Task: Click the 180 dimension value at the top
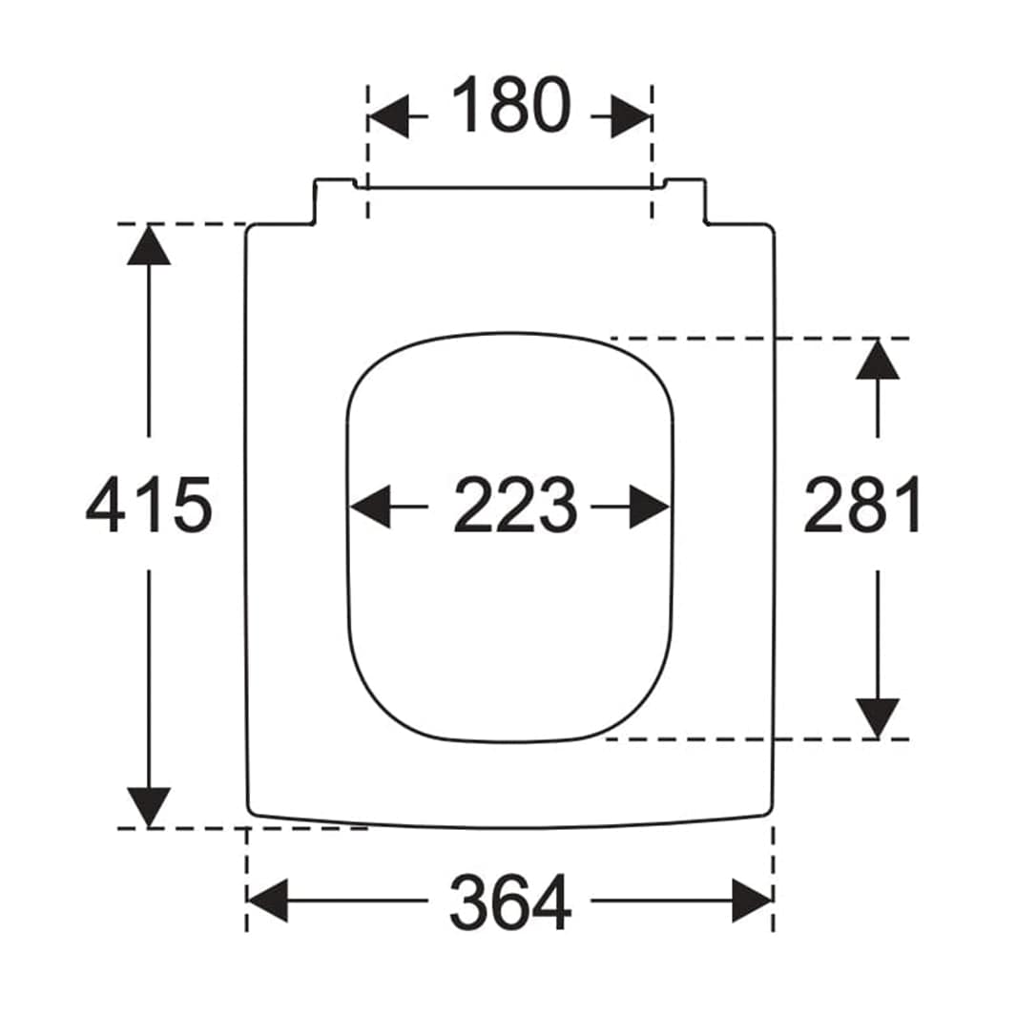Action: point(510,105)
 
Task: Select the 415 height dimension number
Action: point(149,505)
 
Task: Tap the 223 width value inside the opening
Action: point(514,505)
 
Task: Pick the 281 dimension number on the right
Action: point(860,505)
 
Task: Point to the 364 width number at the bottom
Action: point(510,902)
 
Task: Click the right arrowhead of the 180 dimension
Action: point(632,116)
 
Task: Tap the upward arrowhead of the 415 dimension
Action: point(149,244)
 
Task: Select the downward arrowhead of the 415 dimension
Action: point(149,807)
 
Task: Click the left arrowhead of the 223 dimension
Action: point(370,506)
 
